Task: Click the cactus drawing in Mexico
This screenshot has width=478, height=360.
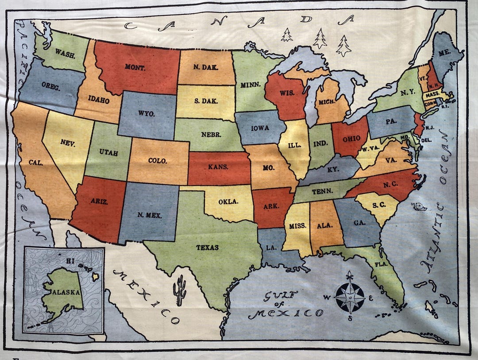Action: click(180, 290)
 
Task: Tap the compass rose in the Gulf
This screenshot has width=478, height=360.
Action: click(350, 297)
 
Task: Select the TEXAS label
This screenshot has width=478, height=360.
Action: click(208, 248)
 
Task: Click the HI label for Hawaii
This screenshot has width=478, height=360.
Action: click(70, 261)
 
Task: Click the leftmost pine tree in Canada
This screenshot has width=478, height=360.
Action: click(287, 35)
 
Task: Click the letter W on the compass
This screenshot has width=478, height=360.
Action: click(327, 297)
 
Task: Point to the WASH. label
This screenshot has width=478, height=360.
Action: click(65, 56)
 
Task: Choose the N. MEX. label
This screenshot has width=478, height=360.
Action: click(149, 216)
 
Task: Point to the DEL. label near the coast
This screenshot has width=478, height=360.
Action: click(428, 140)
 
